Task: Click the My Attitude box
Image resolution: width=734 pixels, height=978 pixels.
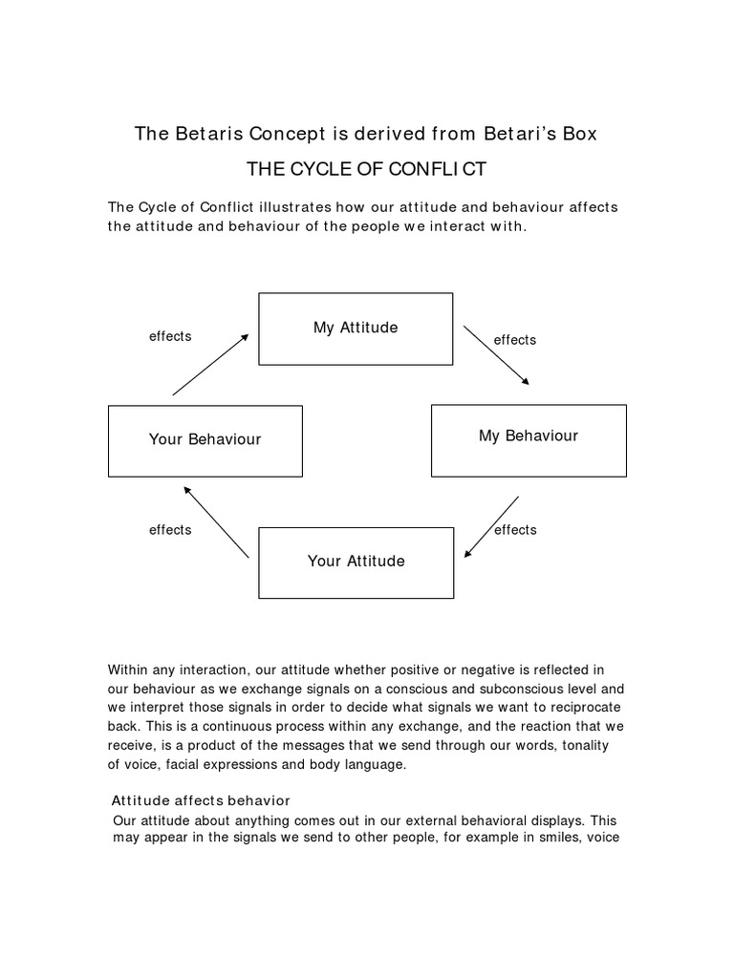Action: coord(356,329)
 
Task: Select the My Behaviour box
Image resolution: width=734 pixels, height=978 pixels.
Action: coord(529,440)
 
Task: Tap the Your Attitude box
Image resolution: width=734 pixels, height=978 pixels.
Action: coord(356,563)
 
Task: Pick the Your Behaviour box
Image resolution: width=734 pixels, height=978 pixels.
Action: coord(205,440)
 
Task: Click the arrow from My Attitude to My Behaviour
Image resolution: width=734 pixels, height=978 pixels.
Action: coord(496,354)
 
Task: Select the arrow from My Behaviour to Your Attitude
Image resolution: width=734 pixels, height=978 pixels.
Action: coord(491,525)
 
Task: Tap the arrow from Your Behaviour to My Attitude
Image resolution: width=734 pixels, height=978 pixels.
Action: coord(211,364)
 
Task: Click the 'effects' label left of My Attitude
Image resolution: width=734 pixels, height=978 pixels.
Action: coord(170,336)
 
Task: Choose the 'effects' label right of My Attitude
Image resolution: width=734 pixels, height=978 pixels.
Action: coord(514,340)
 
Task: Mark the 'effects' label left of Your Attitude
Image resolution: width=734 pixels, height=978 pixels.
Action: coord(170,530)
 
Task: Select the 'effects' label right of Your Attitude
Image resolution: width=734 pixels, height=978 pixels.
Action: coord(516,530)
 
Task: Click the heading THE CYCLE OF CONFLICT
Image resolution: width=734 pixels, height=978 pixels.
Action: coord(367,170)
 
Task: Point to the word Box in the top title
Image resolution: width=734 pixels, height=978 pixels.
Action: coord(578,134)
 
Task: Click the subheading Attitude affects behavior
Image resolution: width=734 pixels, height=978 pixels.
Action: coord(201,799)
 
